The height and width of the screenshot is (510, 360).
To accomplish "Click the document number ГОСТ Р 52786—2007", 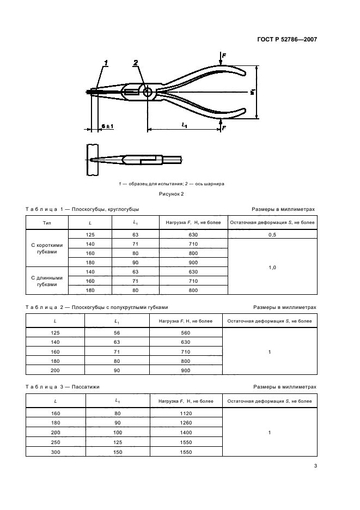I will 286,39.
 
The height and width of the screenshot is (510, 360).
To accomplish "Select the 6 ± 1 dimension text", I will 107,126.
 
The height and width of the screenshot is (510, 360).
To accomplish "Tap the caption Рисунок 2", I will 172,193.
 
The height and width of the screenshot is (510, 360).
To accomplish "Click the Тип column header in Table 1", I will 47,223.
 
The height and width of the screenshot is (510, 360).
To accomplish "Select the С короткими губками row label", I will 47,249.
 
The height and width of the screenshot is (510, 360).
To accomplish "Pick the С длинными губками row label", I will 47,281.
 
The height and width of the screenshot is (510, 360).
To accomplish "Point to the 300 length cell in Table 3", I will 56,452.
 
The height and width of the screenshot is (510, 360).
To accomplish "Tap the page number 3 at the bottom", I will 315,466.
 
